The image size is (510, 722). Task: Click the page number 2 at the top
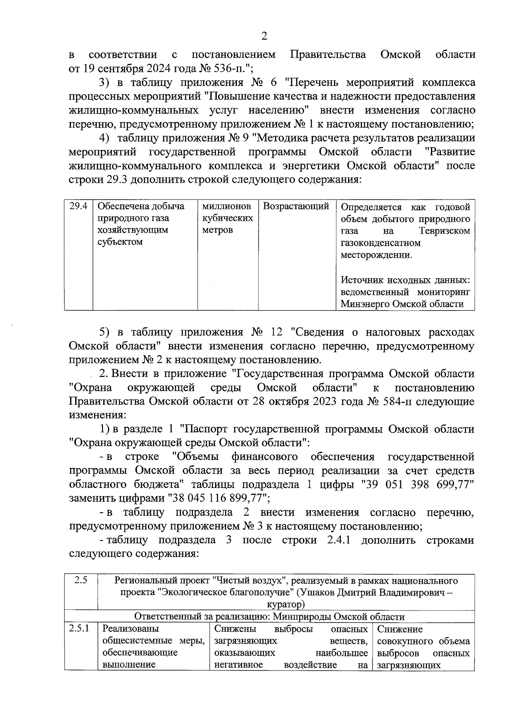coord(264,36)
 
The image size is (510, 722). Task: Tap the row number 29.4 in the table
coord(79,206)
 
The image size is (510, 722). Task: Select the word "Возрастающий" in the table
coord(296,206)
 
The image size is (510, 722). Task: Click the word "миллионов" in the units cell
coord(226,206)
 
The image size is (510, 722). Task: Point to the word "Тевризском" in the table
coord(444,231)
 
